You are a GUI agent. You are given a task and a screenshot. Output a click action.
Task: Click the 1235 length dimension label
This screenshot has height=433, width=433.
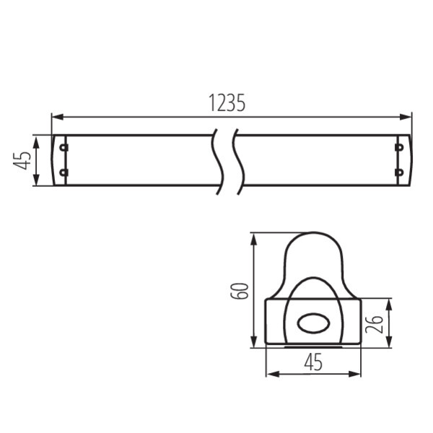[x=227, y=102]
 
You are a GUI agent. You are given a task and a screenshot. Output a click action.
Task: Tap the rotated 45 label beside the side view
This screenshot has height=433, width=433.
[x=22, y=160]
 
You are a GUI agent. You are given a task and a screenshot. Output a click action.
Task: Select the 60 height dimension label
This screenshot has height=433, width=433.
[x=240, y=291]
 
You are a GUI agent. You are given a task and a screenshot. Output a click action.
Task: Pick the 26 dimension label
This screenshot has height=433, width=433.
[x=374, y=324]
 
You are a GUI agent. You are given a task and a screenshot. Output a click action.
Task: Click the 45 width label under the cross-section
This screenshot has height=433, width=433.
[x=313, y=362]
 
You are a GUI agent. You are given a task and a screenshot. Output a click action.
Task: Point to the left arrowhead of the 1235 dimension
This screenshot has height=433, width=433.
[x=58, y=117]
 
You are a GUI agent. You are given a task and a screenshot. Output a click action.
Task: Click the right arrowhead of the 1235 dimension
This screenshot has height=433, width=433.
[x=406, y=117]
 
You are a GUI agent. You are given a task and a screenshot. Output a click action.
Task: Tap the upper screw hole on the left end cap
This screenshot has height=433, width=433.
[x=64, y=147]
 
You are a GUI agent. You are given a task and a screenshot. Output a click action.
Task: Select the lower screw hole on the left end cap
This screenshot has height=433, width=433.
[x=64, y=173]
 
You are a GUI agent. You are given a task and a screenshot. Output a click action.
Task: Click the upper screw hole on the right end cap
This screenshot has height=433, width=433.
[x=399, y=147]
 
